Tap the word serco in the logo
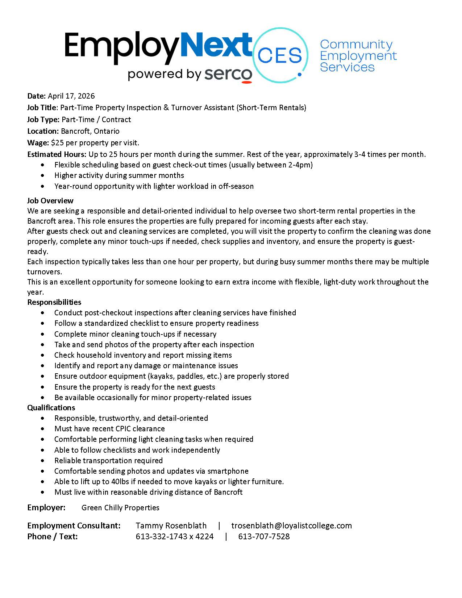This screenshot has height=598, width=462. pos(228,74)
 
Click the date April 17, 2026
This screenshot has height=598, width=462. pos(71,96)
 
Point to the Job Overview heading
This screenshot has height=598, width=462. pos(50,201)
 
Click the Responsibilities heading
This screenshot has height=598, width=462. pos(54,302)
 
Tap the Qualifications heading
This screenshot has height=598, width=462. pos(51,408)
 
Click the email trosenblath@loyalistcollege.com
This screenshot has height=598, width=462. pos(291,526)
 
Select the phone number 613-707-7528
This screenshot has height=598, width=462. pos(264,537)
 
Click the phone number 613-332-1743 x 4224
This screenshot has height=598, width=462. pos(175,537)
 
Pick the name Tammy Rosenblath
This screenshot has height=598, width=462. pos(171,526)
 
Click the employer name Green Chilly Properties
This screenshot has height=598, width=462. pos(120,508)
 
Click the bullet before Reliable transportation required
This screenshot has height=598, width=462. pos(44,461)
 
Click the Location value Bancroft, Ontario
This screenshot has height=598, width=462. pos(90,131)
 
